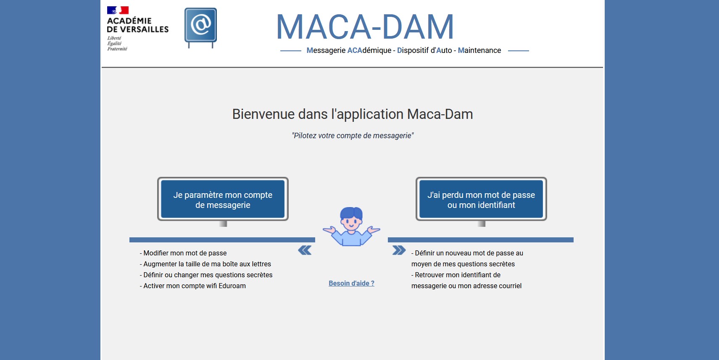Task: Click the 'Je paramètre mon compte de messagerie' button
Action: click(223, 200)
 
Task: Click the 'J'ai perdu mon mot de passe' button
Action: click(481, 200)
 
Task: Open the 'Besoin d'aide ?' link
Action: click(351, 284)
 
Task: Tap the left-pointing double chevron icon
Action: click(305, 250)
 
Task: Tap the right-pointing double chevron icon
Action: click(399, 250)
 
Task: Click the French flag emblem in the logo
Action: click(118, 10)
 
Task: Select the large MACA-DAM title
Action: click(365, 27)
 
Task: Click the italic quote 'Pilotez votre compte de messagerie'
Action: click(353, 136)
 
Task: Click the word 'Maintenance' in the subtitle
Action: click(479, 50)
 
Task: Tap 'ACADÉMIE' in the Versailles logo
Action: click(129, 21)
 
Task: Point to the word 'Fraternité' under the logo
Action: click(117, 49)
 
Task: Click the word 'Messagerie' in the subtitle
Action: click(326, 50)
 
